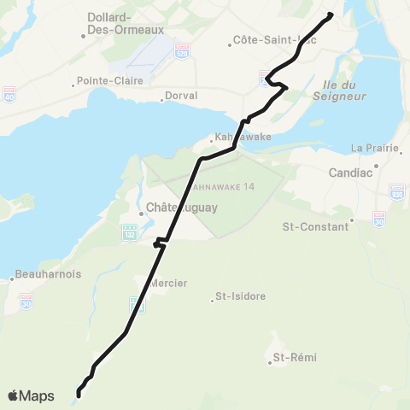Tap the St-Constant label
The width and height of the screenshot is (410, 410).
click(x=316, y=227)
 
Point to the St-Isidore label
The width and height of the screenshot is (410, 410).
click(x=240, y=296)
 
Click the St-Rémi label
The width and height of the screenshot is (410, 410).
click(x=290, y=357)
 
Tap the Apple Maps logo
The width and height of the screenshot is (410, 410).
click(x=30, y=395)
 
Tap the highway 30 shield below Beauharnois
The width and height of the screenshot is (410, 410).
click(x=27, y=302)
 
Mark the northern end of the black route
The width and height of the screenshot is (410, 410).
click(x=331, y=14)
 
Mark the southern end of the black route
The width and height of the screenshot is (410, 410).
click(x=79, y=394)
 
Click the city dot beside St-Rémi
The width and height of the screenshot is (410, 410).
click(x=269, y=362)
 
